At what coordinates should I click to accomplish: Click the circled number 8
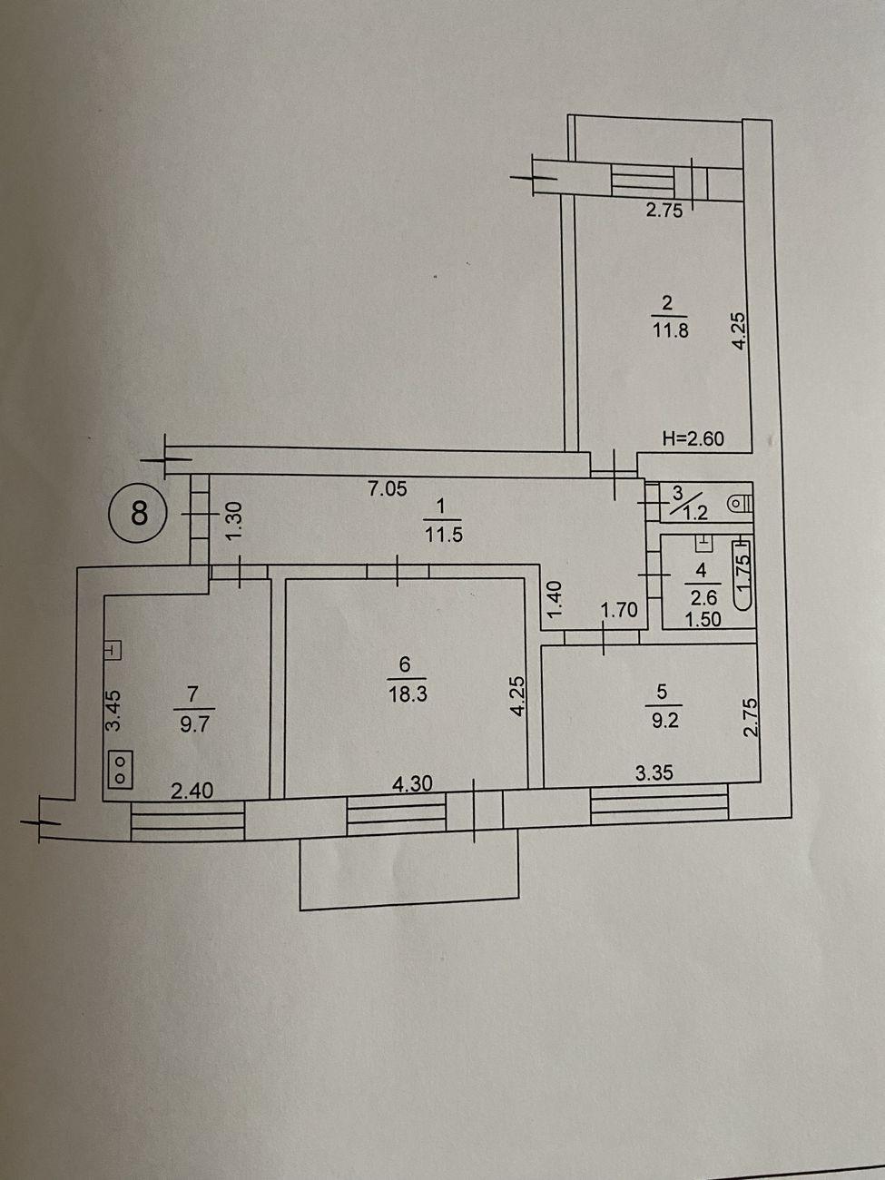(138, 511)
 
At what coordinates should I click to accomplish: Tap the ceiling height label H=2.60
(693, 438)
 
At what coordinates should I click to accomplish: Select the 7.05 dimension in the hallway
(387, 488)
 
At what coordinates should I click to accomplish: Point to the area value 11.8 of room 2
(670, 330)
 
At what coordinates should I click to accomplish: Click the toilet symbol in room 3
(741, 504)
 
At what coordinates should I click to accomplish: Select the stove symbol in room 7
(121, 770)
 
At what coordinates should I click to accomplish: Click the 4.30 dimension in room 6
(412, 784)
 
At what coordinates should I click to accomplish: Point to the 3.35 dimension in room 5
(654, 773)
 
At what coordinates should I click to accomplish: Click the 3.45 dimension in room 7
(114, 710)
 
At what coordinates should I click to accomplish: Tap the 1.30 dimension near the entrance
(236, 521)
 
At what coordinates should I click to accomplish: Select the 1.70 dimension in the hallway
(619, 610)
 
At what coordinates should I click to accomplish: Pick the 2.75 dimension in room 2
(664, 211)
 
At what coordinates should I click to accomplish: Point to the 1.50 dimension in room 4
(703, 620)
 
